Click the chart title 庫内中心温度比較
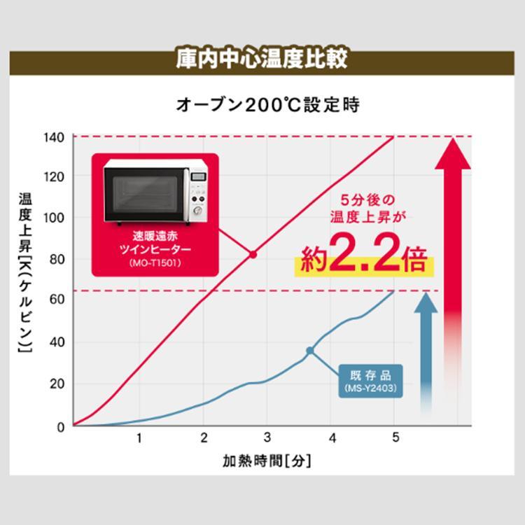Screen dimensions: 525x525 pyautogui.click(x=262, y=58)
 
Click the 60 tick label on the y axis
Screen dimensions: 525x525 pyautogui.click(x=57, y=300)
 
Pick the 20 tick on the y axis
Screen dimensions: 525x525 pyautogui.click(x=57, y=384)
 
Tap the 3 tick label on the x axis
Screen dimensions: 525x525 pyautogui.click(x=267, y=438)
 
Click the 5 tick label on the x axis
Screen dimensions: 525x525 pyautogui.click(x=395, y=438)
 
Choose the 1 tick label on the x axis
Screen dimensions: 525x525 pyautogui.click(x=139, y=438)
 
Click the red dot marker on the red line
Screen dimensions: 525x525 pyautogui.click(x=253, y=255)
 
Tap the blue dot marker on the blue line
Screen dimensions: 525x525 pyautogui.click(x=309, y=350)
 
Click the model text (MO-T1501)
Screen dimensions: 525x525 pyautogui.click(x=155, y=263)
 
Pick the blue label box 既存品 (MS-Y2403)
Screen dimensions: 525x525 pyautogui.click(x=371, y=380)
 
